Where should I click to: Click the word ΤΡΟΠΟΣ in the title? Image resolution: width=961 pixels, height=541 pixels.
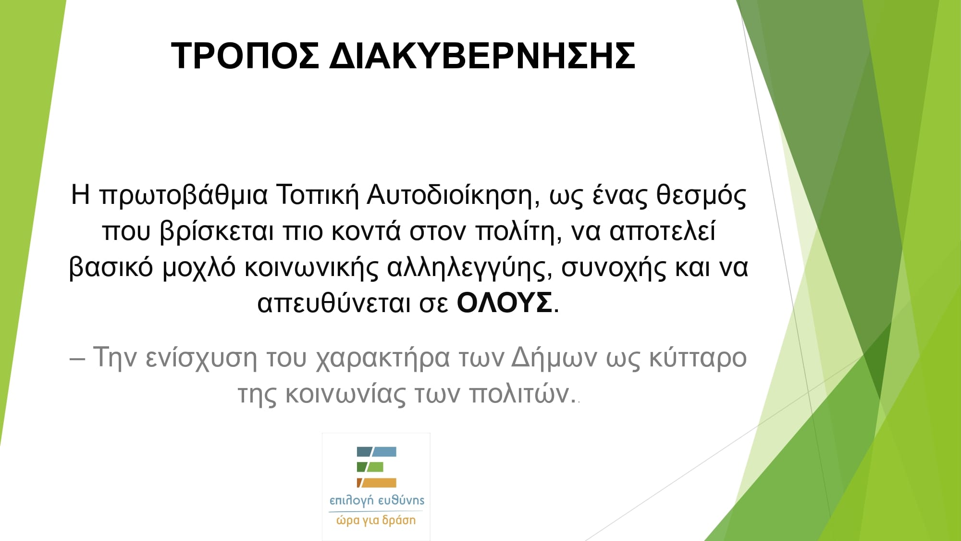click(245, 56)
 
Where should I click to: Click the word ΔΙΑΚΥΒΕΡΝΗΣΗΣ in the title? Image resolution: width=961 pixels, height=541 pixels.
click(482, 56)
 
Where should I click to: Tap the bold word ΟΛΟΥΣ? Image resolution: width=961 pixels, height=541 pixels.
click(504, 303)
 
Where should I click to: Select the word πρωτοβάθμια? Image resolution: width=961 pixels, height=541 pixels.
click(184, 196)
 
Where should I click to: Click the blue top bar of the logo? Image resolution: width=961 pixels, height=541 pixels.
click(377, 452)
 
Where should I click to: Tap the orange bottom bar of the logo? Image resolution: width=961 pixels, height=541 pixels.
click(377, 483)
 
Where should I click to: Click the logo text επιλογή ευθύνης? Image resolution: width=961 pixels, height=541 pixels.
click(377, 501)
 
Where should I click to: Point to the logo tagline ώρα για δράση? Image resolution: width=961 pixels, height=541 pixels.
click(376, 520)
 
